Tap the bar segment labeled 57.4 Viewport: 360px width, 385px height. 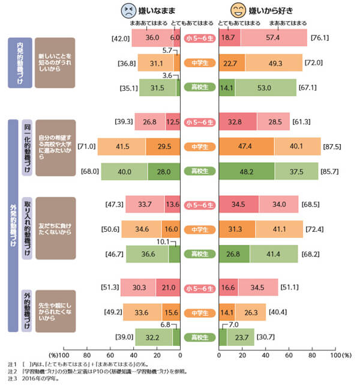274,37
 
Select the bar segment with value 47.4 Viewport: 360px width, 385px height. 247,147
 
